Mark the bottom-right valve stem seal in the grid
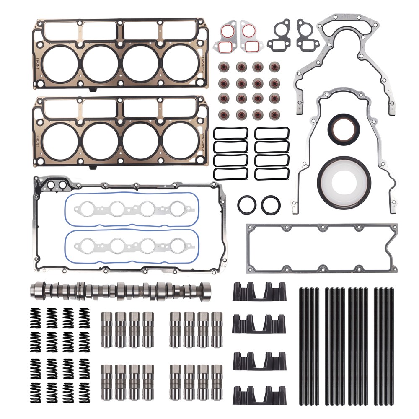275,114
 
